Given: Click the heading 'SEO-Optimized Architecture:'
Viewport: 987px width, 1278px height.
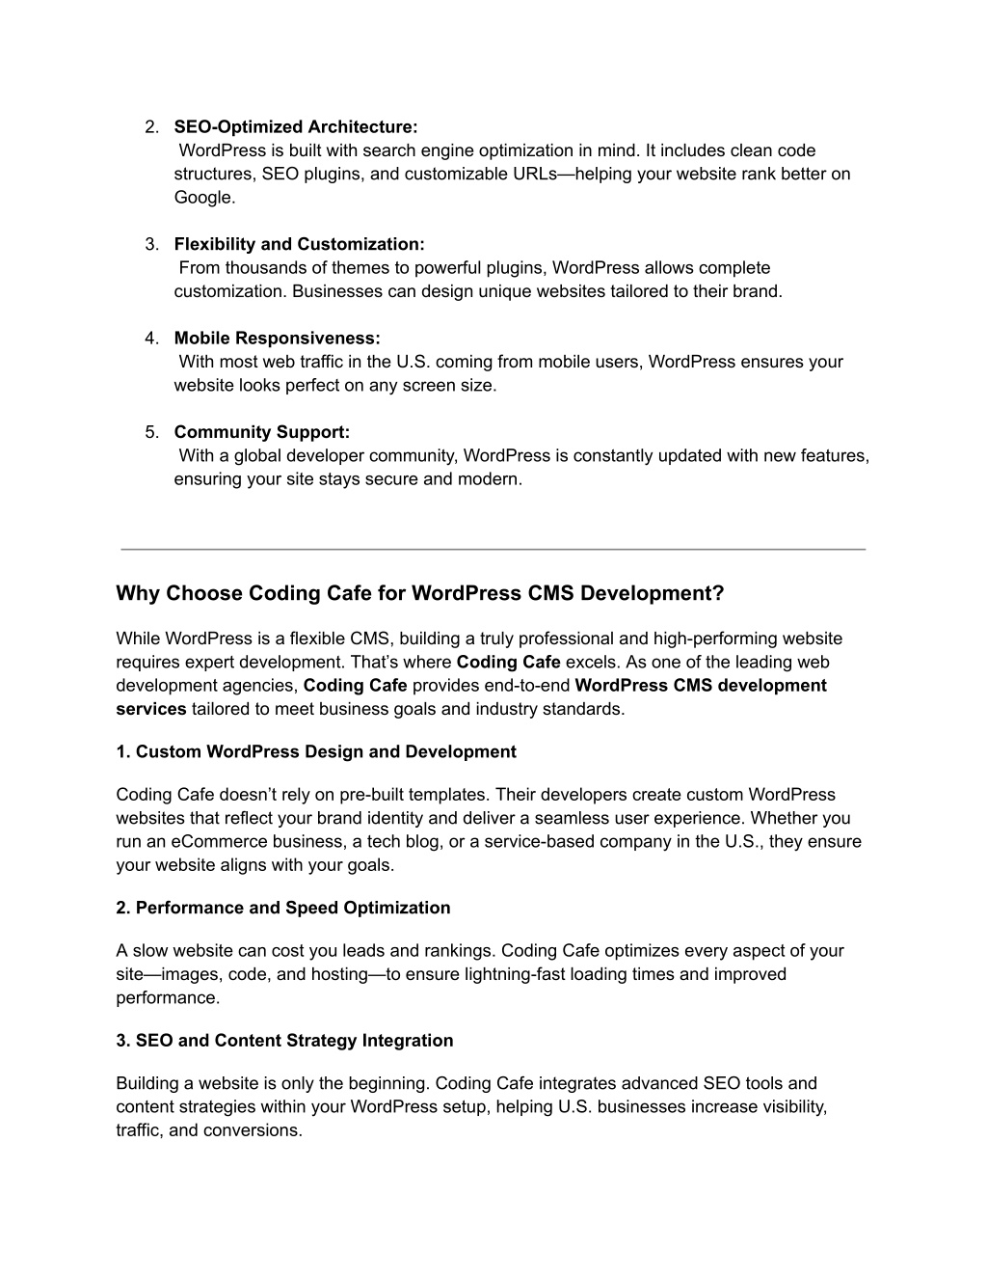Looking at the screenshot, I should click(296, 127).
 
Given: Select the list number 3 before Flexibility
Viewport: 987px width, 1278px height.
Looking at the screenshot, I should click(151, 245).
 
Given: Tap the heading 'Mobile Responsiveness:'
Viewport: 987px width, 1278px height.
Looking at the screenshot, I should click(278, 339).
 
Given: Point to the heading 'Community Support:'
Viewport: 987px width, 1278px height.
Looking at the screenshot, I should click(262, 432).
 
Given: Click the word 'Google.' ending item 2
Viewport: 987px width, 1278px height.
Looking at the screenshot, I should click(204, 198).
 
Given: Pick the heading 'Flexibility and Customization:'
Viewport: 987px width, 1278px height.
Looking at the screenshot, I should click(299, 245).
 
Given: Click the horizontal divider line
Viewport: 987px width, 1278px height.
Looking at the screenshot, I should click(493, 549).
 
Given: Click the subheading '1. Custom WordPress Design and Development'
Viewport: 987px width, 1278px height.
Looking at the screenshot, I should click(316, 752).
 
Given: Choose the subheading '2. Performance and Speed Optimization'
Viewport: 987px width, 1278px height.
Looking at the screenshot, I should click(283, 909).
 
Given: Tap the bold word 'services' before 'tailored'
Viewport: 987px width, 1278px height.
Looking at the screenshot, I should click(151, 710).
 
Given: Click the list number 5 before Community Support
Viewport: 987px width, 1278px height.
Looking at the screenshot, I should click(151, 432).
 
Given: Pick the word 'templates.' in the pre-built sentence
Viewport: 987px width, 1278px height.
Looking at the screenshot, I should click(453, 796).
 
